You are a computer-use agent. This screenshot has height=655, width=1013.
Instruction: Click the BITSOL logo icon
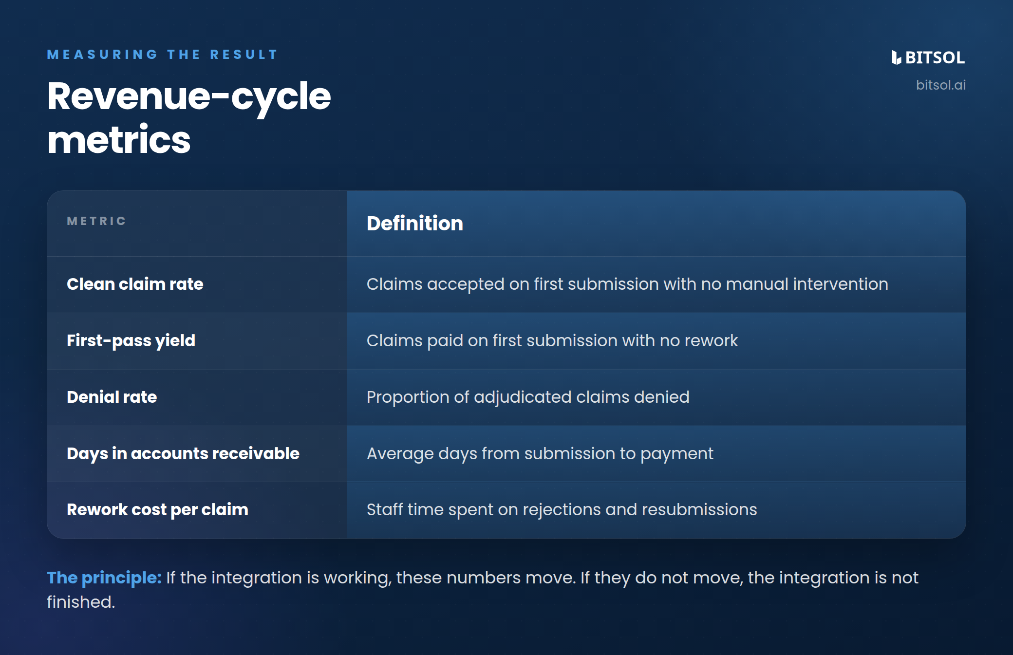point(896,57)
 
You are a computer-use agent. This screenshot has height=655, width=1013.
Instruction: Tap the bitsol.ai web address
point(940,85)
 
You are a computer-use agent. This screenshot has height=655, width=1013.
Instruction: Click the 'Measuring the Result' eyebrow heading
point(162,55)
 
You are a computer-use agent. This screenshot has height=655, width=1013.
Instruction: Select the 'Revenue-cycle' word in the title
point(189,96)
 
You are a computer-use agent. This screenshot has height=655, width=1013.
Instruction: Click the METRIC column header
point(96,221)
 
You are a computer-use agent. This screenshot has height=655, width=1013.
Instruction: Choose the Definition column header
point(415,224)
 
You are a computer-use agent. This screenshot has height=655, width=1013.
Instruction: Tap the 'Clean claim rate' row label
point(135,284)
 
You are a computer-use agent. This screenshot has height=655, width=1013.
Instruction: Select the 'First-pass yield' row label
point(131,341)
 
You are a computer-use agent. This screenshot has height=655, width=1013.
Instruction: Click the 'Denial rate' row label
point(112,397)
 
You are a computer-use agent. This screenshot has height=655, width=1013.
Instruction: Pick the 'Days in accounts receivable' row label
point(183,453)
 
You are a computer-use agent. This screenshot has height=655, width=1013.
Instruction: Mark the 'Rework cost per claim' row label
point(157,510)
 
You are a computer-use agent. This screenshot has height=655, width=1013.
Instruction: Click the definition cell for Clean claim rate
point(627,284)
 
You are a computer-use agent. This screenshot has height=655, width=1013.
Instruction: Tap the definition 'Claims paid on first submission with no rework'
point(552,341)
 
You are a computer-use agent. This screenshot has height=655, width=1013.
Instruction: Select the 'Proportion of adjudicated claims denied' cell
point(528,397)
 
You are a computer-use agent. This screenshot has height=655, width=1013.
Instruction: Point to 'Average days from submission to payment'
point(540,454)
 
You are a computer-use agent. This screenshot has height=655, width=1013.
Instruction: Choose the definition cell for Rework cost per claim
point(562,510)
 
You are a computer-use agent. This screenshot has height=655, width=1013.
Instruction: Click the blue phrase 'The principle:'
point(104,578)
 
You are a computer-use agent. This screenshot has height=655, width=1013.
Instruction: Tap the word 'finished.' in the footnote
point(81,602)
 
